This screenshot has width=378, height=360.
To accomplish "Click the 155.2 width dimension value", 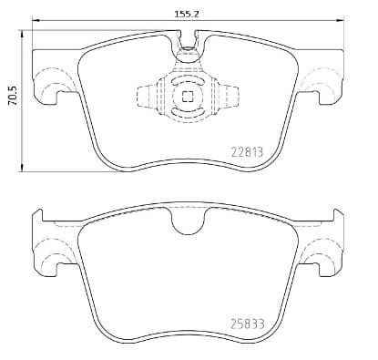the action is [x=187, y=14].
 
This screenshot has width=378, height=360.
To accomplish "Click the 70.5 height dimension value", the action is [x=13, y=96].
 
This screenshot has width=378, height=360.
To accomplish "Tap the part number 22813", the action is [x=247, y=151].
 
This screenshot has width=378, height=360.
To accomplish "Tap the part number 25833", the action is [x=248, y=324].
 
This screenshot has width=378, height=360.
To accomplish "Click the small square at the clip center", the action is [x=188, y=98].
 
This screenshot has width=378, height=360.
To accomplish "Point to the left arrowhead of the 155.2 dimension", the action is [x=36, y=20].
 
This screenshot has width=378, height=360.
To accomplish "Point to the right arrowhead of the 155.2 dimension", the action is [x=340, y=20].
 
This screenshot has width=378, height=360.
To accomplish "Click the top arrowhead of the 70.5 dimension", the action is [x=22, y=34].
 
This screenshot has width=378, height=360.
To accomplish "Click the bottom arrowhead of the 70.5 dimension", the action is [x=22, y=168].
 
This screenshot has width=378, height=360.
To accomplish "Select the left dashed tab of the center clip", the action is [x=148, y=97].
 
